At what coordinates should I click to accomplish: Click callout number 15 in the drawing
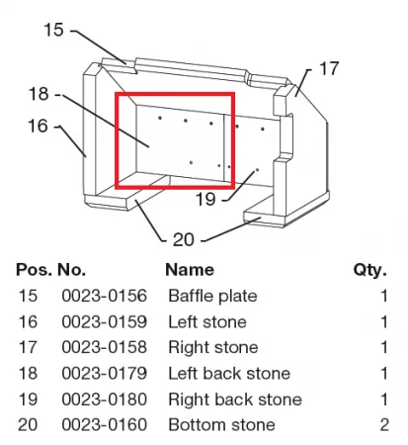[53, 30]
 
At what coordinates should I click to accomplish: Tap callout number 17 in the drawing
[329, 68]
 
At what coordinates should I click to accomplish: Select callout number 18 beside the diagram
[39, 94]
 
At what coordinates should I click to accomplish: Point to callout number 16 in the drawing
[38, 126]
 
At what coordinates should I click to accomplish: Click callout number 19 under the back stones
[205, 199]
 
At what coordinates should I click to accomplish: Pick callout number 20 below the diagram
[184, 239]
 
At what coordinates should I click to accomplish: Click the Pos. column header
[34, 270]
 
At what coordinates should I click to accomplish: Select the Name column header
[190, 270]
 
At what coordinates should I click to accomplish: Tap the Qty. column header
[370, 270]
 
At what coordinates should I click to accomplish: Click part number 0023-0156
[104, 296]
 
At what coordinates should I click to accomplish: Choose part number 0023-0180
[104, 400]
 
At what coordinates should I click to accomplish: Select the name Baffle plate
[212, 296]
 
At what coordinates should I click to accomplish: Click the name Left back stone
[229, 374]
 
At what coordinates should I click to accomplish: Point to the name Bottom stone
[221, 425]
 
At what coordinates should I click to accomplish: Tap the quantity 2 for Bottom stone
[384, 425]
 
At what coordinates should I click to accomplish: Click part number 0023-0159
[104, 321]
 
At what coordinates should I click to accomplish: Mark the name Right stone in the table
[213, 348]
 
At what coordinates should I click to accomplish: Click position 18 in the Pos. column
[28, 374]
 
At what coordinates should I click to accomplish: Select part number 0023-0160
[104, 425]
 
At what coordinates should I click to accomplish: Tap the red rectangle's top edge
[175, 94]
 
